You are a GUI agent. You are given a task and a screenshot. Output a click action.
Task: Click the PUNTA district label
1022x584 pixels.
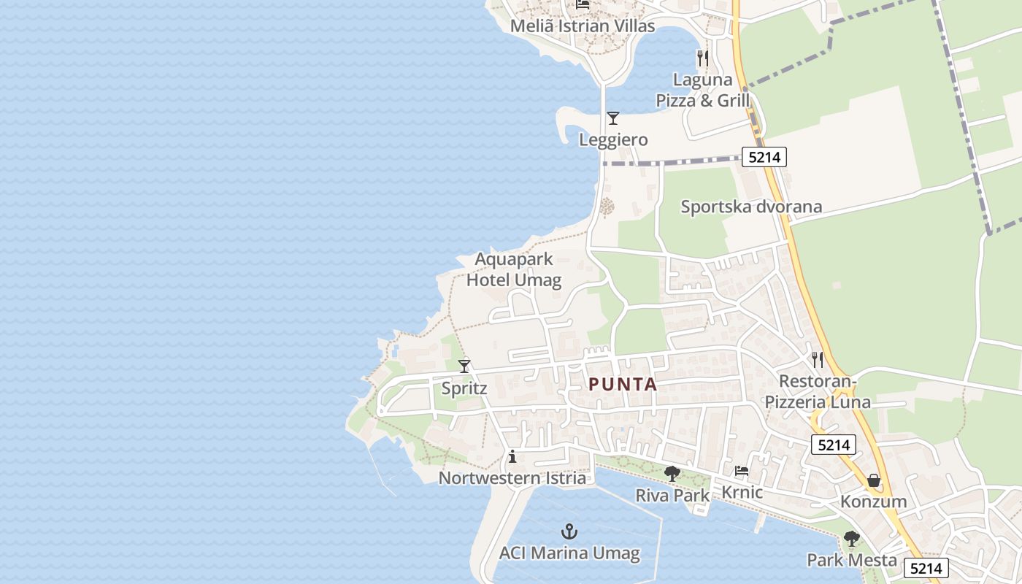[623, 384]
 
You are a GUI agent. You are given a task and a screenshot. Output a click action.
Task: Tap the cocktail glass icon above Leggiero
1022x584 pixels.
[613, 118]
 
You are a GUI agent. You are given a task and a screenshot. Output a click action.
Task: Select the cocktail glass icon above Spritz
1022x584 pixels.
[464, 366]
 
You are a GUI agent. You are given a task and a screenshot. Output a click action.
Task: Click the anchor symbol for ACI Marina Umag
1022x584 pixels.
[569, 531]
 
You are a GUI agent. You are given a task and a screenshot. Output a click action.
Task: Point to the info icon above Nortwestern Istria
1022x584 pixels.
[512, 457]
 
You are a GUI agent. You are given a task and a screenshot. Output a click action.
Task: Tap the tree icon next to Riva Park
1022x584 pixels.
[672, 474]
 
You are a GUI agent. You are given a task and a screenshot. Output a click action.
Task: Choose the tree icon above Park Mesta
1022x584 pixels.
[851, 539]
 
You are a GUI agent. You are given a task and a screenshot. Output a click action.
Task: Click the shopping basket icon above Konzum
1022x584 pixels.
[873, 480]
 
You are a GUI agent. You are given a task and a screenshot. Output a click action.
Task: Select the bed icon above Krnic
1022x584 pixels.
[742, 471]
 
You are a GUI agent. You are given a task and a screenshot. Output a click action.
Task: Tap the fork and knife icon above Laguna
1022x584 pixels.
[703, 58]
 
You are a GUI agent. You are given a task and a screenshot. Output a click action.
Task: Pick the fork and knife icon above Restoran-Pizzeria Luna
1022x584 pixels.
[818, 359]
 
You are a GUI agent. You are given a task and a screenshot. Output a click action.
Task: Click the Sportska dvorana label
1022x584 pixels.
[751, 207]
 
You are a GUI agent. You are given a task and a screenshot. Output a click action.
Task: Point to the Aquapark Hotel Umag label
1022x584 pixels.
[514, 269]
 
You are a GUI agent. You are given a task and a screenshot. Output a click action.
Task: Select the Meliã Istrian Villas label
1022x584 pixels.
[583, 26]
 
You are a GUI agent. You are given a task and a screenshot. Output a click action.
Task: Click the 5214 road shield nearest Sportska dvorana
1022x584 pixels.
[764, 156]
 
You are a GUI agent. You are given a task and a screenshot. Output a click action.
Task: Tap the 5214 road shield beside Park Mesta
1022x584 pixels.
[926, 568]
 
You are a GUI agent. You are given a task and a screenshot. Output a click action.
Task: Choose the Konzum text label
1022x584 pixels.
[873, 502]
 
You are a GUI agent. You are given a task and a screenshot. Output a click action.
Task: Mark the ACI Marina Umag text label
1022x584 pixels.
[569, 553]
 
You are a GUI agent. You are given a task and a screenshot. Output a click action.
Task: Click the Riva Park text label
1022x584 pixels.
[672, 495]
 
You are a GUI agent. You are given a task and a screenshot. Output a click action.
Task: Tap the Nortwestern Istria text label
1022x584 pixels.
[512, 478]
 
